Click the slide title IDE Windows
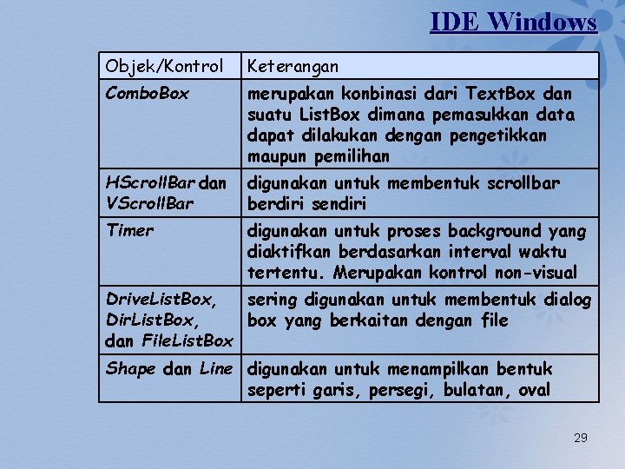click(x=513, y=21)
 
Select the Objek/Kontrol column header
click(x=164, y=66)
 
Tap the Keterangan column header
click(x=293, y=66)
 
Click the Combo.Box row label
click(x=147, y=93)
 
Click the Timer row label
click(x=129, y=230)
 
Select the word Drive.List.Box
click(x=159, y=300)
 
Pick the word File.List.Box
click(x=188, y=341)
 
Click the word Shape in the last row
click(x=130, y=369)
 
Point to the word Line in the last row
click(x=216, y=369)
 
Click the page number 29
click(x=581, y=438)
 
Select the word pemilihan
click(x=354, y=157)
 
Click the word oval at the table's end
click(x=534, y=390)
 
